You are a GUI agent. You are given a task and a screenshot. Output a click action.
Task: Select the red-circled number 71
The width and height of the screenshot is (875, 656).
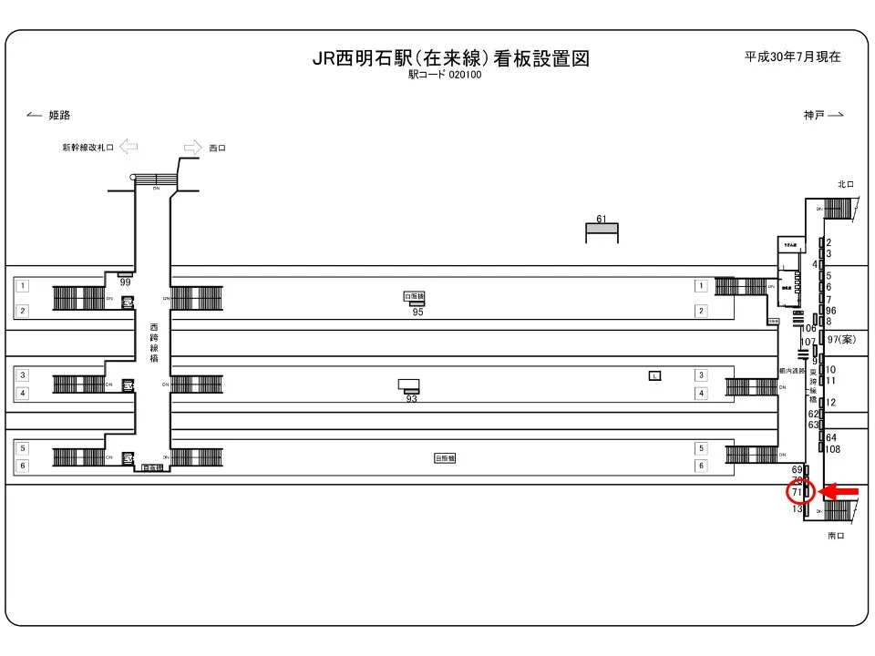pos(798,493)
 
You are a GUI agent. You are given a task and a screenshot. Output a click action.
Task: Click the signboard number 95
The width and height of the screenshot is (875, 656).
pos(417,313)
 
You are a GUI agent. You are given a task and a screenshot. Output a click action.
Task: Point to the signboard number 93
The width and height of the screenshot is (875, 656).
pos(411,398)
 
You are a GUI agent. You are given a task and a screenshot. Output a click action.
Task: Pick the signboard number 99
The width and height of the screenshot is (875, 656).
pos(126,283)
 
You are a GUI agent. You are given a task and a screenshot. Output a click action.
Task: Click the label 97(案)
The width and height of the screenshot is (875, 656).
pos(841,339)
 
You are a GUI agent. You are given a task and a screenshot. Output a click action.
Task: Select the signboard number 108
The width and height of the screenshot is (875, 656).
pos(832,449)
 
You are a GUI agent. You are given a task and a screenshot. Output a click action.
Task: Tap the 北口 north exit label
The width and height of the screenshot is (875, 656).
pos(846,185)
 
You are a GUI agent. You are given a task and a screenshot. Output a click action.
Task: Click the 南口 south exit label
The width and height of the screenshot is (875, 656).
pos(837,536)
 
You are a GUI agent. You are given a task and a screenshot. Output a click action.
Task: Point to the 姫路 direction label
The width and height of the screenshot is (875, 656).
pos(59,116)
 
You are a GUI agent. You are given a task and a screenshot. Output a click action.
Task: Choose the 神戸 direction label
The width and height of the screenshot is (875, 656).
pos(814,115)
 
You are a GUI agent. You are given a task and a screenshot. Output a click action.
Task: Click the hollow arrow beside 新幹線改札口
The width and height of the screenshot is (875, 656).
pos(128,146)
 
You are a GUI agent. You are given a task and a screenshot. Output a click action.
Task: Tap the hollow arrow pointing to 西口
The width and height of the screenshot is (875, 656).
pos(192,147)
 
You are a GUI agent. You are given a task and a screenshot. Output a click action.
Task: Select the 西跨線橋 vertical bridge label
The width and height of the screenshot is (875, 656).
pos(154,341)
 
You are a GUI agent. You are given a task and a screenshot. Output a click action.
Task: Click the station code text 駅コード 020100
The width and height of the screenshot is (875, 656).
pos(445,76)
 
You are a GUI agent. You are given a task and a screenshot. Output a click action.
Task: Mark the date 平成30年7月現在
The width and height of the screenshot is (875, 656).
pos(792,56)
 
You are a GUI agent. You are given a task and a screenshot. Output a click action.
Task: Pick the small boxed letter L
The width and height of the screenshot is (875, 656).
pos(654,375)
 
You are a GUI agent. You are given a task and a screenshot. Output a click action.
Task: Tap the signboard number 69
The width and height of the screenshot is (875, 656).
pos(797,469)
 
